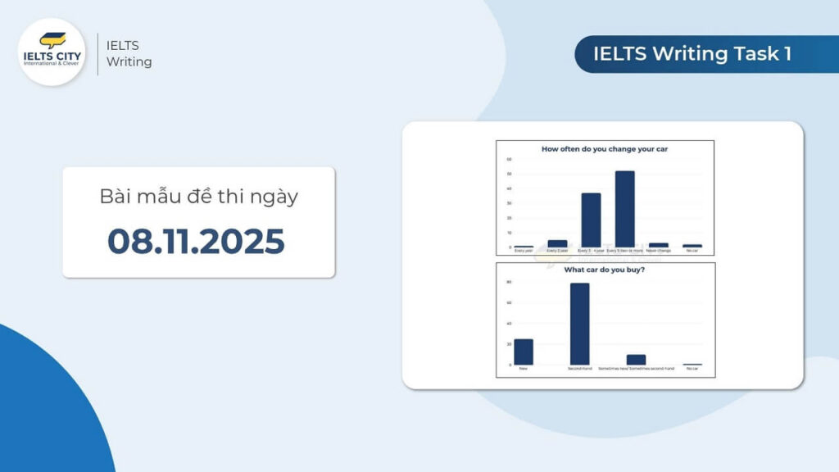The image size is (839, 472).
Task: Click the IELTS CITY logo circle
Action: coord(52,52)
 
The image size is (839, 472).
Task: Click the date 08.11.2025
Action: coord(197,242)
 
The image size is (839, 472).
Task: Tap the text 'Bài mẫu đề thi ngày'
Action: coord(197,197)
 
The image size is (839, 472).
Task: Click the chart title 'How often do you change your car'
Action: coord(605,149)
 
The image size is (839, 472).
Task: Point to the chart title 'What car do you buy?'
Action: coord(605,270)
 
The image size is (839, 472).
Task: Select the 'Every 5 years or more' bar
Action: coord(625,208)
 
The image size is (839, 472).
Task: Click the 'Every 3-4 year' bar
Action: coord(591,220)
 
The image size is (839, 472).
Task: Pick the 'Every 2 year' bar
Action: coord(557,243)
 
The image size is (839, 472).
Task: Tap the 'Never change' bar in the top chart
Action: coord(659,245)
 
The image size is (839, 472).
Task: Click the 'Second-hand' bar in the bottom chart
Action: coord(579,323)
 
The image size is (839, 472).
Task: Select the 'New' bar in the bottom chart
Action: coord(524,352)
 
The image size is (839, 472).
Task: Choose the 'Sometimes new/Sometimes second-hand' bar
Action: coord(636,360)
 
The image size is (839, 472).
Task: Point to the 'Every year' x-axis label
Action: coord(524,251)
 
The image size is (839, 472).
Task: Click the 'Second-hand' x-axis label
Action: coord(579,369)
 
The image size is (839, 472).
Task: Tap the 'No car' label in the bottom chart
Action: coord(692,369)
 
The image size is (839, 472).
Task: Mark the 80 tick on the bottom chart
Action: coord(509,282)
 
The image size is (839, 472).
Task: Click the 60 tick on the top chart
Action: coord(509,159)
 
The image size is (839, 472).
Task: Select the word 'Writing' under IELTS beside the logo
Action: coord(129,61)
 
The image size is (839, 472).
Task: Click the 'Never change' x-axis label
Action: coord(659,251)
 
